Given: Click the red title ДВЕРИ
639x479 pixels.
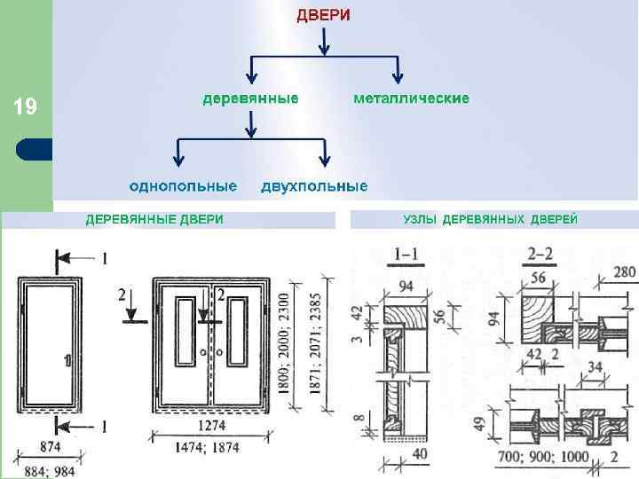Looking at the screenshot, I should (x=323, y=15).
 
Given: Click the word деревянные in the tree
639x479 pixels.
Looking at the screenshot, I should (x=250, y=98).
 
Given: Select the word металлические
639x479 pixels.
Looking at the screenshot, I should (x=412, y=98).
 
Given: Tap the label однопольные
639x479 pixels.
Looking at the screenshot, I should (x=183, y=186).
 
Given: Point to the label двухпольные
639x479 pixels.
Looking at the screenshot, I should (x=314, y=186).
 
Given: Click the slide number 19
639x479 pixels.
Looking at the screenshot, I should (x=26, y=108).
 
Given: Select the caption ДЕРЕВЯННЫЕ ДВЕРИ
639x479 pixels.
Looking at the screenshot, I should (x=154, y=219).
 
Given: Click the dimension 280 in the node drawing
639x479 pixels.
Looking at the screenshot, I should (x=624, y=271).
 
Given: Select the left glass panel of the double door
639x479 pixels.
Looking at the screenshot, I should (x=185, y=332).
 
